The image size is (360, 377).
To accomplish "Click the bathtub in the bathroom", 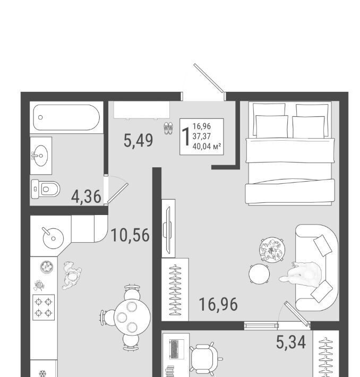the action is coord(66,117).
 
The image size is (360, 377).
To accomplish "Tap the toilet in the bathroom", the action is coord(46,189).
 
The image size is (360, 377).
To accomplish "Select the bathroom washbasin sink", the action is coord(40,156).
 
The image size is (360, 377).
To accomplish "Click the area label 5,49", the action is coord(138,140).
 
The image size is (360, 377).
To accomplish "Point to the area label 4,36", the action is coord(86,196).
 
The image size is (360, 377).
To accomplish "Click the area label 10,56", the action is coord(130,235).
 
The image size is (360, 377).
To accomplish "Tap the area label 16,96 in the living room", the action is coord(218,304).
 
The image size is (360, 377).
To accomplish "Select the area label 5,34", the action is coord(291,342).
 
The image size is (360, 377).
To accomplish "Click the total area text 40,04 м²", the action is coord(207,146).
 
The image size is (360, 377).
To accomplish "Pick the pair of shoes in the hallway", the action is coord(168,128).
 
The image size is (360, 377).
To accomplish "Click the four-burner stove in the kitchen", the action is coord(44,307).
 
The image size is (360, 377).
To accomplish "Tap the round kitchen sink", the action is coord(53,237).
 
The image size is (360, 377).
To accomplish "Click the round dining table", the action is coord(132,317).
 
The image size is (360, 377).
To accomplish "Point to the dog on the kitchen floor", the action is coord(72,275).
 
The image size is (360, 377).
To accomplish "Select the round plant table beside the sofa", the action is coord(272,250).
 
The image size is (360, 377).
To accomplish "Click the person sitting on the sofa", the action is coord(302,274).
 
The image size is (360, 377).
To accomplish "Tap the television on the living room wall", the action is coord(167,230).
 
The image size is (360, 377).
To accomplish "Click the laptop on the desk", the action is coord(176,349).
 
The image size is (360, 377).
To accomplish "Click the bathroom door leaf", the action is coord(117,193).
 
